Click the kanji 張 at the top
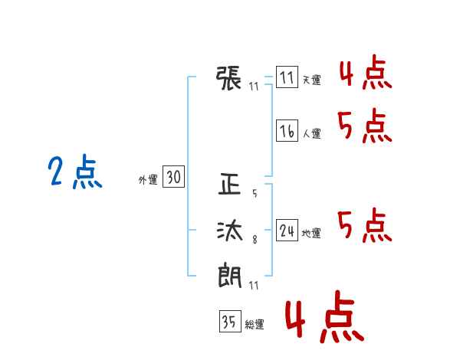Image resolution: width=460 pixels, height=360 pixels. pos(228,78)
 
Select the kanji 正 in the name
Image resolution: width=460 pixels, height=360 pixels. pos(229,184)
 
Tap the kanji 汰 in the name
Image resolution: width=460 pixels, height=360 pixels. pos(230,230)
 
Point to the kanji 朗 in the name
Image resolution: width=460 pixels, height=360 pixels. pos(230,275)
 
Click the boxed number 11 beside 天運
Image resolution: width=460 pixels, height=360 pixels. pos(287,77)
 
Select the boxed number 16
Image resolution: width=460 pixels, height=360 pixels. pos(287,130)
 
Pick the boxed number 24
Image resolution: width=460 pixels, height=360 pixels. pos(287,230)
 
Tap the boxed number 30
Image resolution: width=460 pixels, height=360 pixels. pos(174,176)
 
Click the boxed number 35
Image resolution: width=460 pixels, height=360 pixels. pos(230,321)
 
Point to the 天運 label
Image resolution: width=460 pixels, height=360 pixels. pos(311,80)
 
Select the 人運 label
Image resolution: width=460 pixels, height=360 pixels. pos(311,133)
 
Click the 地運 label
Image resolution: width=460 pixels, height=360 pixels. pos(311,233)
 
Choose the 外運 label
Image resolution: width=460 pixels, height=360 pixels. pos(148,179)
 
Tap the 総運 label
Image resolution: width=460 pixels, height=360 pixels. pos(255,324)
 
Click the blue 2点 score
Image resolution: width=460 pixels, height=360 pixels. pos(75,172)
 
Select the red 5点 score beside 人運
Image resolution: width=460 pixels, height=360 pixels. pos(365,126)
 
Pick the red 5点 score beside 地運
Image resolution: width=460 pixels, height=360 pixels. pos(365,225)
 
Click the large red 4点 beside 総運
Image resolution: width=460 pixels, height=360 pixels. pos(324,316)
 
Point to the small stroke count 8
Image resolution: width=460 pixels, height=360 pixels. pos(255,240)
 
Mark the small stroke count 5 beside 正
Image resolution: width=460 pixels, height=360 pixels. pos(255,193)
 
